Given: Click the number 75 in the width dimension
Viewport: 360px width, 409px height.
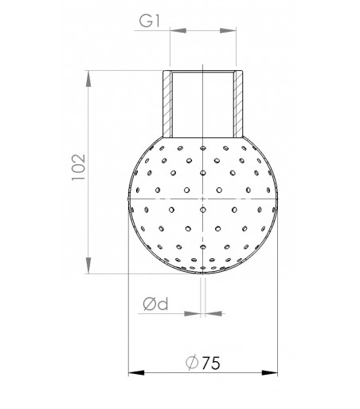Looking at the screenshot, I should [x=209, y=363].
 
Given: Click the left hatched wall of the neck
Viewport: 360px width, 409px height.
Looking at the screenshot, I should [x=166, y=104].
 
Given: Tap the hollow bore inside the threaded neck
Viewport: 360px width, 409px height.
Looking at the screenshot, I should [x=202, y=104].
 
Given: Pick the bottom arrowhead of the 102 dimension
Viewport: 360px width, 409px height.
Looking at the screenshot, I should [x=88, y=268].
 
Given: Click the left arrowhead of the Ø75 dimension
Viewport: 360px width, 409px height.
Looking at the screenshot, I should [x=134, y=372].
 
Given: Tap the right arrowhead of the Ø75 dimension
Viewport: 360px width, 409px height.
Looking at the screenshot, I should [x=271, y=372].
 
